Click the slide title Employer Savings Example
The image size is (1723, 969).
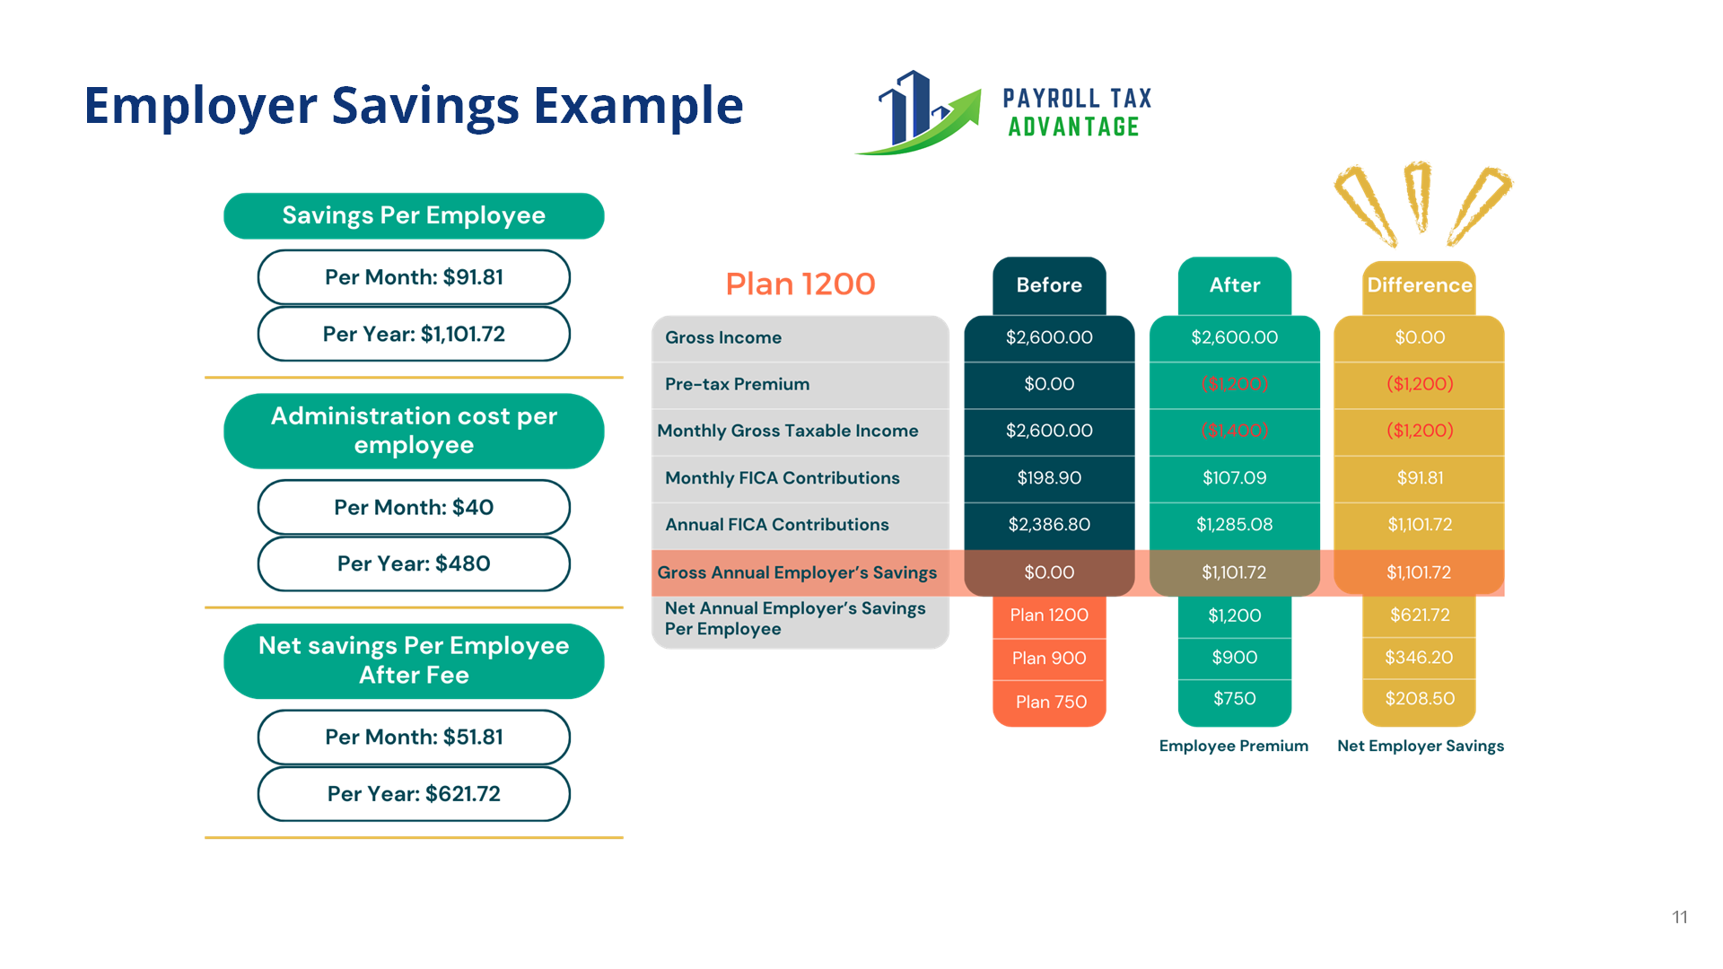413,105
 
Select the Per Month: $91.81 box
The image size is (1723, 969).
414,277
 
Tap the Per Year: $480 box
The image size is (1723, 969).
414,563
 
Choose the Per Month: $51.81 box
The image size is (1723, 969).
414,737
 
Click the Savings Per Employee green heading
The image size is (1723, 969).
414,215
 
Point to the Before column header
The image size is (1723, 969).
1049,285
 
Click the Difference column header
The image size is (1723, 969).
1419,285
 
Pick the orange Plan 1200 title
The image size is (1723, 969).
800,284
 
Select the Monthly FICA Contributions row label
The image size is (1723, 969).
782,478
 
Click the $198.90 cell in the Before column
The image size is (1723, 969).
1049,478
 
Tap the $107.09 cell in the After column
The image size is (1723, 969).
1234,478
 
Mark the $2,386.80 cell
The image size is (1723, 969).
1049,525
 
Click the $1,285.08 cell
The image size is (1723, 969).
1234,525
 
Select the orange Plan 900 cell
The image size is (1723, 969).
1049,659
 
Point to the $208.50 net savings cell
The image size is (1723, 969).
1419,699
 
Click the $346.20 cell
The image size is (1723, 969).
1419,658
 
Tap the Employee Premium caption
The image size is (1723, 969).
1233,746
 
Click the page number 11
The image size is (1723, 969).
1679,917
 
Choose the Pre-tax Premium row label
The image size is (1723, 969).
737,384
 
